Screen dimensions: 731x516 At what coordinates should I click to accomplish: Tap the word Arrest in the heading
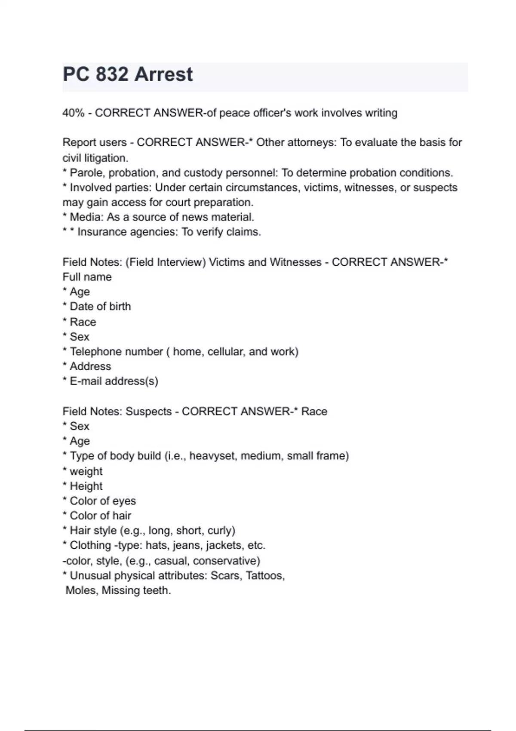pos(164,75)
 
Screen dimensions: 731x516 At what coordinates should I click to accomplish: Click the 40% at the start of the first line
pos(73,113)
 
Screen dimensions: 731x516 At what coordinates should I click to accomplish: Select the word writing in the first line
pos(381,113)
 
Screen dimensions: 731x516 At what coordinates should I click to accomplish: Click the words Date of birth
pos(100,307)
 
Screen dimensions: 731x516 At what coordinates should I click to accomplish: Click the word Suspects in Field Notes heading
pos(148,412)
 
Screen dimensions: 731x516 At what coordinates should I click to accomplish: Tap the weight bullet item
pos(86,471)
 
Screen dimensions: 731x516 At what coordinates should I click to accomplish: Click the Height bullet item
pos(86,486)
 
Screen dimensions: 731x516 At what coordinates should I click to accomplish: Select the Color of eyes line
pos(103,501)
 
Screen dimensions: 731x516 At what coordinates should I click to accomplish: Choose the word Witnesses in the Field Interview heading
pos(295,262)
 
